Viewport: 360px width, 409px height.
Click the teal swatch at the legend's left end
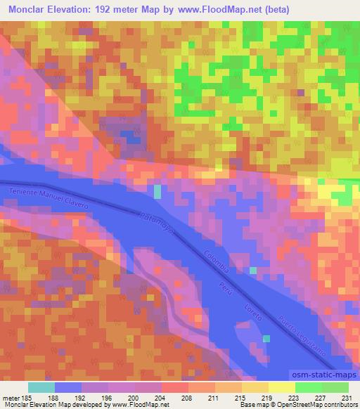41,387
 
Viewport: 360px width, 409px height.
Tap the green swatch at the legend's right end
335,387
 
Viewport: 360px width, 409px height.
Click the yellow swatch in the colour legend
281,387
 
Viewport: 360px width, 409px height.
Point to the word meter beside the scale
11,397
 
